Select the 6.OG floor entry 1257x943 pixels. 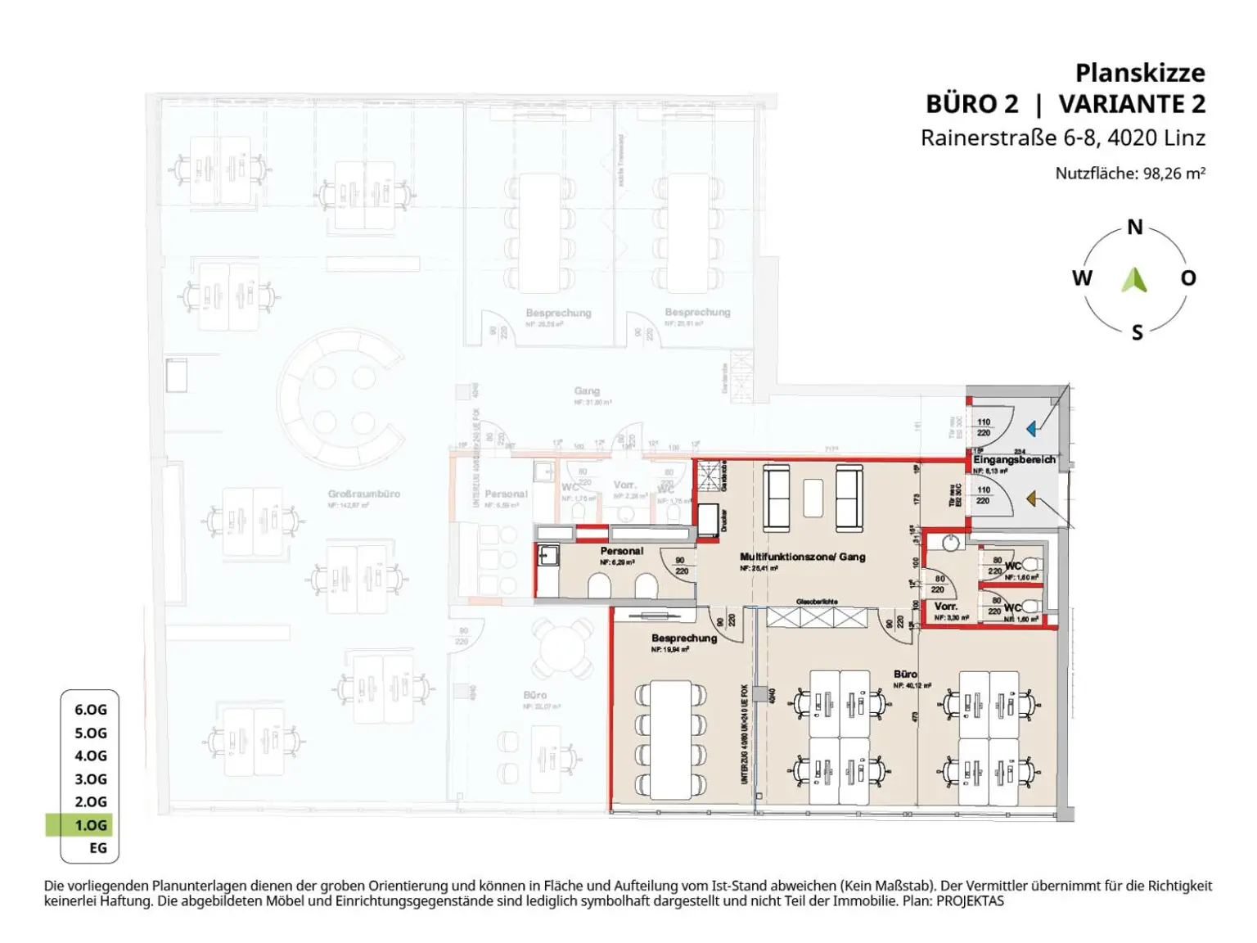point(91,710)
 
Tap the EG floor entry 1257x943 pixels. point(97,848)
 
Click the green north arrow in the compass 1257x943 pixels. point(1134,280)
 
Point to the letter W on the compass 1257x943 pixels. point(1082,278)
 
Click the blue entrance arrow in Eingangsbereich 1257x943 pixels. point(1032,428)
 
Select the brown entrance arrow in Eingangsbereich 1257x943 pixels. point(1032,498)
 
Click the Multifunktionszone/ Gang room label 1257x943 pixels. point(802,557)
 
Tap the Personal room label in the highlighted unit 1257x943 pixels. point(621,551)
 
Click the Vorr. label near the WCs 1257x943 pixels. point(946,607)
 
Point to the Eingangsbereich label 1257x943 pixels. point(1014,460)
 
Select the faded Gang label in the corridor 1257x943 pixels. point(587,391)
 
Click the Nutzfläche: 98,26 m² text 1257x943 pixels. point(1129,174)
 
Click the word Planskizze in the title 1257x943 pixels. point(1139,73)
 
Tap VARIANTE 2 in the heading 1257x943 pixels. point(1131,105)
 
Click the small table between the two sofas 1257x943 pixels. point(812,498)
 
